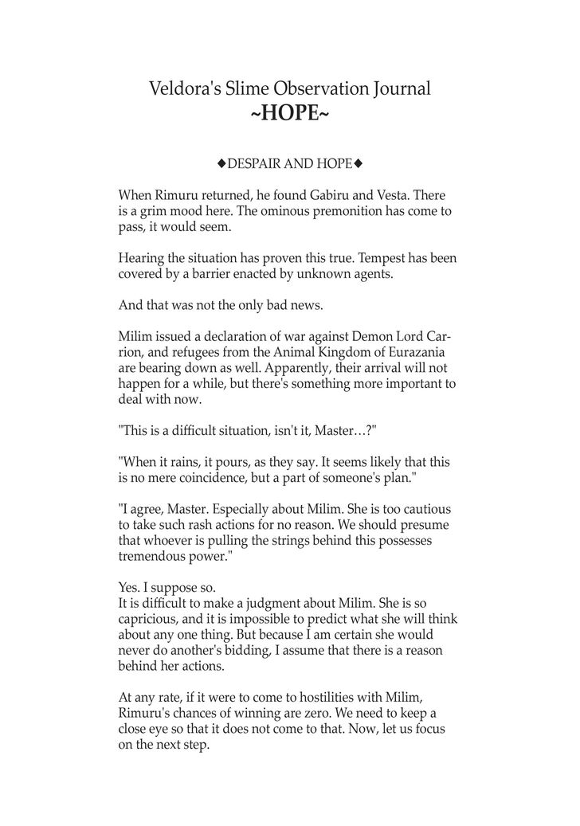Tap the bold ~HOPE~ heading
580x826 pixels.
289,114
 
